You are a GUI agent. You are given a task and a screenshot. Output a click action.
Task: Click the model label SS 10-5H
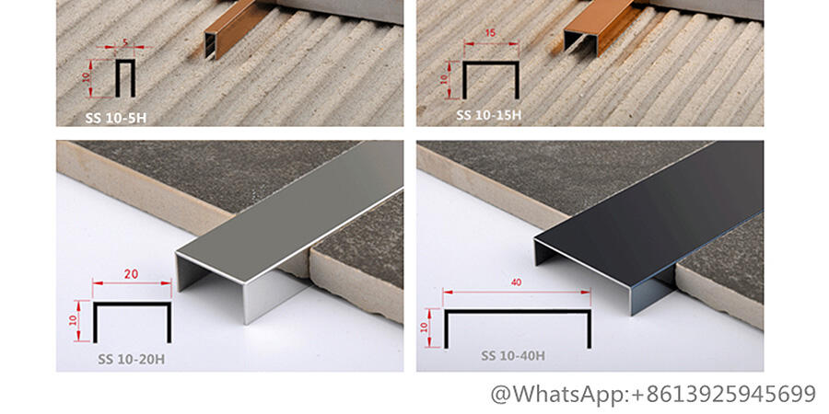click(x=116, y=118)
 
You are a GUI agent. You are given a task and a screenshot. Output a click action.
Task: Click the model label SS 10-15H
click(x=489, y=115)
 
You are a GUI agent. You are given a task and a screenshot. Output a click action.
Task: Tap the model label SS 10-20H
click(x=131, y=360)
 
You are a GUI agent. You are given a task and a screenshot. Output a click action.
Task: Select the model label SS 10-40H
click(x=513, y=356)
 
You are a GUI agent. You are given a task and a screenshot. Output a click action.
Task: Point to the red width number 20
click(x=131, y=274)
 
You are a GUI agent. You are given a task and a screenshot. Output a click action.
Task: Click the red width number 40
click(x=516, y=282)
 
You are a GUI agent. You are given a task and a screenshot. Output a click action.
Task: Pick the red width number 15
click(x=490, y=33)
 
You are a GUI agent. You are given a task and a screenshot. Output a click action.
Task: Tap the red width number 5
click(x=125, y=40)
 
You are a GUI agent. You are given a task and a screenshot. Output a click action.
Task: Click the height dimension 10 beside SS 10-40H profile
click(x=424, y=328)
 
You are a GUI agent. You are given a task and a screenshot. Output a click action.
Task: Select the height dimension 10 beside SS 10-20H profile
click(x=73, y=320)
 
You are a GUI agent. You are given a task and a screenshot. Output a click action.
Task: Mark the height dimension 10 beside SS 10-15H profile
click(x=444, y=79)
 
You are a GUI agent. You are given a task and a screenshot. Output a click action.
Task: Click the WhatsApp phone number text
click(x=653, y=395)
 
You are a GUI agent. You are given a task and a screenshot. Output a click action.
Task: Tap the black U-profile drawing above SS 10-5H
click(x=125, y=61)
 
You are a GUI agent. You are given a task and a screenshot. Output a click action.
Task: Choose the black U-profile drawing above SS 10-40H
click(x=518, y=312)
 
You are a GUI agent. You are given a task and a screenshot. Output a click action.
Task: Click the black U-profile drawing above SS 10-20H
click(x=132, y=305)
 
